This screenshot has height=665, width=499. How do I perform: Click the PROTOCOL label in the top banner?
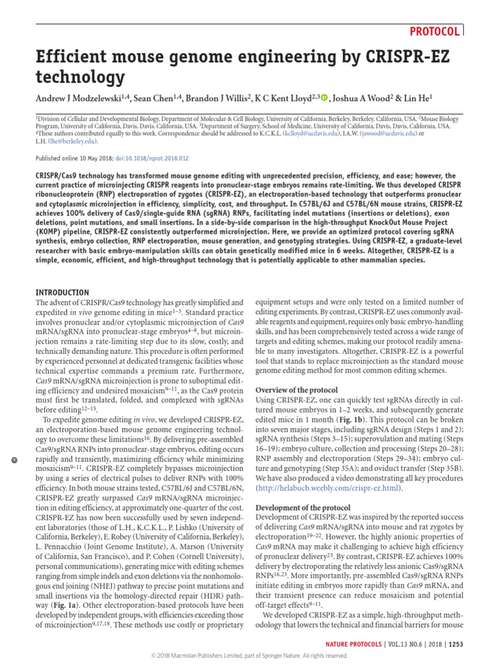pyautogui.click(x=435, y=31)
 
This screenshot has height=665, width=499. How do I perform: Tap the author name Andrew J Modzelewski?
pyautogui.click(x=80, y=98)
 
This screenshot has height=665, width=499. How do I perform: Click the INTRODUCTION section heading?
pyautogui.click(x=62, y=293)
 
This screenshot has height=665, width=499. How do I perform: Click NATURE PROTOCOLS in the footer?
pyautogui.click(x=357, y=644)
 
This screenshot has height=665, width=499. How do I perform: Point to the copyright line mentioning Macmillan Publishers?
pyautogui.click(x=249, y=656)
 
